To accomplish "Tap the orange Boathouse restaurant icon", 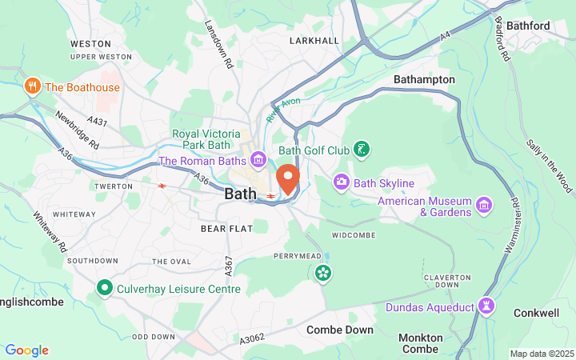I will [x=33, y=86].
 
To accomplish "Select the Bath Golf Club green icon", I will [x=362, y=150].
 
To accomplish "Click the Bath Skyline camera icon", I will [x=342, y=183].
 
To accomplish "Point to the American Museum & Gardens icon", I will [x=482, y=206].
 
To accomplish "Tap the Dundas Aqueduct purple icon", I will [x=485, y=306].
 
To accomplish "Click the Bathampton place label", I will [x=424, y=80].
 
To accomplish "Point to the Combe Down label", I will [x=339, y=330].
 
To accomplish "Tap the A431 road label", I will [x=97, y=122].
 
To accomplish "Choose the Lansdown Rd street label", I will [x=218, y=44].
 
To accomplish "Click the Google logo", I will [x=26, y=350].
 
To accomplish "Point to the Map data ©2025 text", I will [x=542, y=354].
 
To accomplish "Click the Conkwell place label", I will [x=535, y=313].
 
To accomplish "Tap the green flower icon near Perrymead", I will [x=323, y=274].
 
